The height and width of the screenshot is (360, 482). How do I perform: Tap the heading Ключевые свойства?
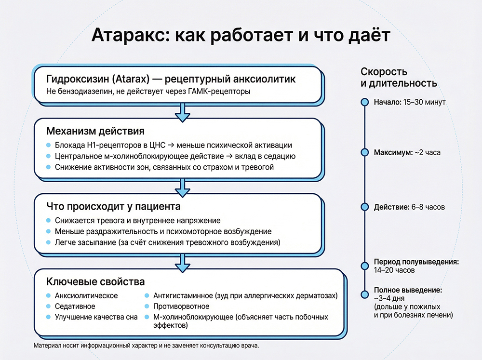pyautogui.click(x=95, y=281)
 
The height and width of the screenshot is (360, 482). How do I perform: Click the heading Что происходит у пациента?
pyautogui.click(x=113, y=207)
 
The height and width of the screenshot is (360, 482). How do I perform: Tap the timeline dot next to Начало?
pyautogui.click(x=365, y=102)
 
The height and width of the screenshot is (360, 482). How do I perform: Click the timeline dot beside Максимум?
pyautogui.click(x=365, y=152)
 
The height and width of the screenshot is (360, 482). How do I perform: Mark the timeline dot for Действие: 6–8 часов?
pyautogui.click(x=365, y=207)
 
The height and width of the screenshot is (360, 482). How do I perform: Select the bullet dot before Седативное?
pyautogui.click(x=48, y=307)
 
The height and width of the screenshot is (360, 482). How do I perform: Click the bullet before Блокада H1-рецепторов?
pyautogui.click(x=48, y=145)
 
